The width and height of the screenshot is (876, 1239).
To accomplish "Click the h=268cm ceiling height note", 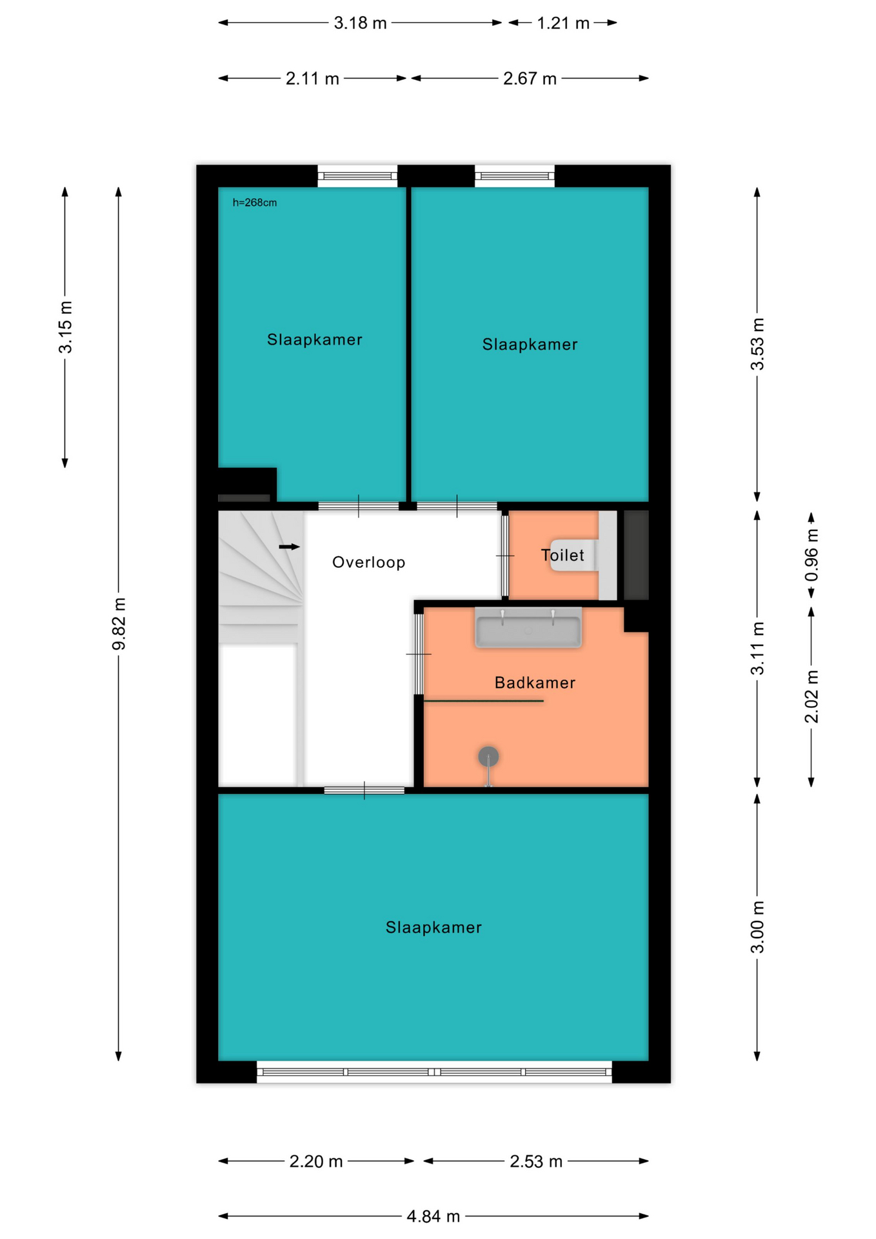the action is tap(255, 203).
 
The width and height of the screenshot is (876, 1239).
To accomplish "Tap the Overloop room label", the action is tap(369, 562).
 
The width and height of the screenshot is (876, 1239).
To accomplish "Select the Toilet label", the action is tap(562, 555).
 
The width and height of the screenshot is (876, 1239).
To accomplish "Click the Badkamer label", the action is tap(535, 683).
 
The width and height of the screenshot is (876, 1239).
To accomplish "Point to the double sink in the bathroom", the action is tap(528, 627).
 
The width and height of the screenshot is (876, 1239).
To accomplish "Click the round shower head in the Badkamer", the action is tap(488, 756).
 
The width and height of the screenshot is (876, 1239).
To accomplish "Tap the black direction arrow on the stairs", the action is tap(290, 547).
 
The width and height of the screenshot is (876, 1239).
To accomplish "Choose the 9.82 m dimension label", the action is tap(119, 624).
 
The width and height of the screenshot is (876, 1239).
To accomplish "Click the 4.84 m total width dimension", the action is tap(433, 1216).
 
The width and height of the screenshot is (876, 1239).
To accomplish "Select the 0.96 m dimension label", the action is tap(811, 555).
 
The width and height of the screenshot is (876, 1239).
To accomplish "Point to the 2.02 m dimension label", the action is tap(811, 696).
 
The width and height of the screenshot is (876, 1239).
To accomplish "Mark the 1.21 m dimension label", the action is tap(563, 23).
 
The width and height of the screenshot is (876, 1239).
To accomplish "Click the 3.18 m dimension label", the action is tap(360, 23).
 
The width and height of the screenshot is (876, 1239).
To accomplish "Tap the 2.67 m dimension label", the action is tap(530, 79).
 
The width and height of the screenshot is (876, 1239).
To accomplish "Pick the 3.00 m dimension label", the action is tap(757, 927).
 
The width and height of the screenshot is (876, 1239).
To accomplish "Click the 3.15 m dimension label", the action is tap(66, 327).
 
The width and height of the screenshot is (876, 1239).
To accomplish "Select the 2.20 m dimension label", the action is tap(316, 1162).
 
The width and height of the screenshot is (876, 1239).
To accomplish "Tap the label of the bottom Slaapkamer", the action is tap(433, 927).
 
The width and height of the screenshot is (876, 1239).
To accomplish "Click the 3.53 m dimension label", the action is tap(757, 344).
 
